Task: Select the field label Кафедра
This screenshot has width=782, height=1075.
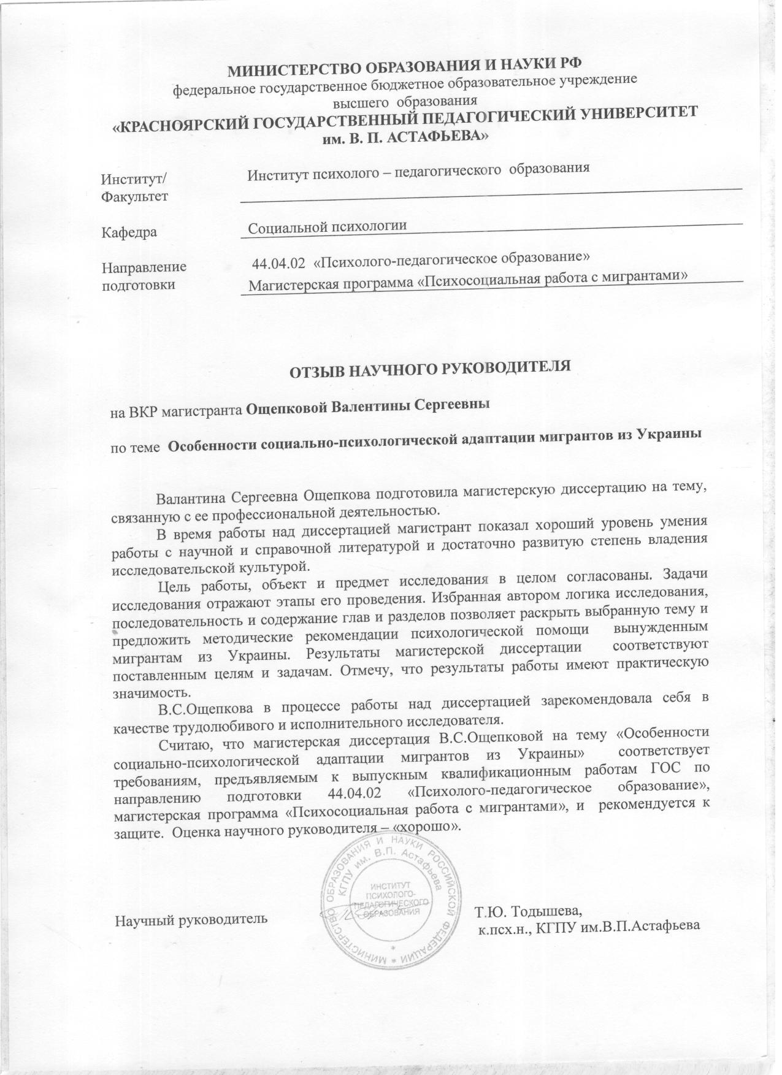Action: pos(129,232)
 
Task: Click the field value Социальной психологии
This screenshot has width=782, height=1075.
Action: pos(328,227)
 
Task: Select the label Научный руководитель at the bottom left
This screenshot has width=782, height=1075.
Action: pos(191,919)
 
